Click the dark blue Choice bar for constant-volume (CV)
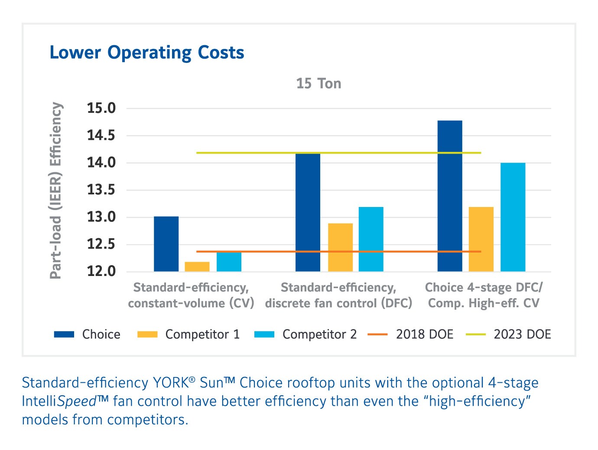click(x=166, y=244)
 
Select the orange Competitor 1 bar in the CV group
click(x=197, y=267)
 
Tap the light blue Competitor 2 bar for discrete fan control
click(x=371, y=239)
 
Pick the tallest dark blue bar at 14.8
click(x=450, y=196)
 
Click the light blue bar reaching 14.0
click(x=513, y=217)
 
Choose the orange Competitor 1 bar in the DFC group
click(x=340, y=247)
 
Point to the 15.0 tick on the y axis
click(x=101, y=108)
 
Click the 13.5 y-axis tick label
click(x=101, y=190)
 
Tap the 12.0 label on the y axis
click(x=101, y=272)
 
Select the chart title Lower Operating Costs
click(x=147, y=53)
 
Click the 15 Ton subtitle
click(x=318, y=83)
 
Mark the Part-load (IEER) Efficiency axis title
click(x=56, y=190)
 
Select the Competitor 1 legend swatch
click(x=147, y=334)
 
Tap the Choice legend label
click(x=101, y=334)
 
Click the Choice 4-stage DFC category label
click(x=484, y=287)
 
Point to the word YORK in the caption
click(x=170, y=383)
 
